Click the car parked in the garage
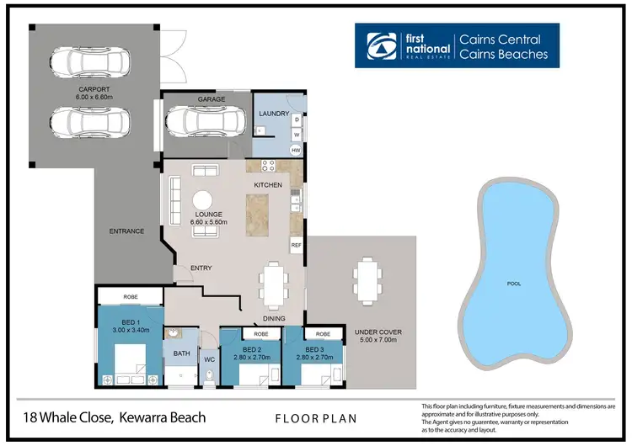pyautogui.click(x=205, y=123)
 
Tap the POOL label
pyautogui.click(x=513, y=284)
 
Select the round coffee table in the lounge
pyautogui.click(x=204, y=201)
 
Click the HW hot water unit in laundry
pyautogui.click(x=296, y=150)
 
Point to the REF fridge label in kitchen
pyautogui.click(x=297, y=245)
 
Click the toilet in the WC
pyautogui.click(x=210, y=376)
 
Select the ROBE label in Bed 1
pyautogui.click(x=130, y=297)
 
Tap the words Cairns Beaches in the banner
pyautogui.click(x=503, y=55)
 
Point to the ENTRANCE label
pyautogui.click(x=127, y=231)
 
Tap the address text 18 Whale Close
pyautogui.click(x=72, y=417)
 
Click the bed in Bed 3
pyautogui.click(x=313, y=371)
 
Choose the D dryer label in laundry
pyautogui.click(x=297, y=119)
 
